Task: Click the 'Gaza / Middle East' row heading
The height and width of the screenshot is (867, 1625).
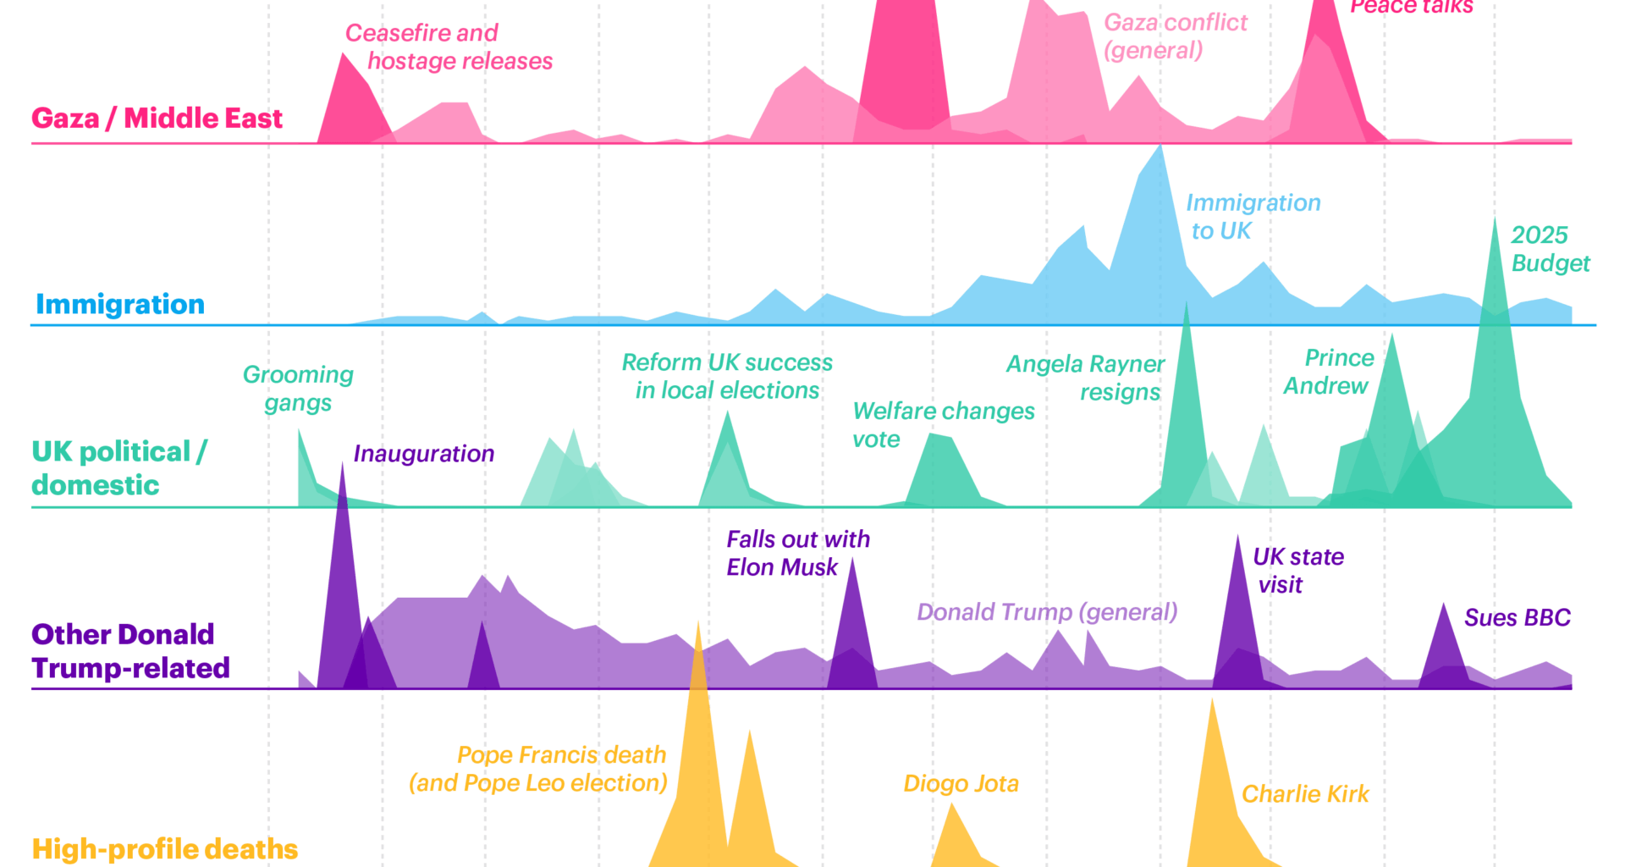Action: [157, 118]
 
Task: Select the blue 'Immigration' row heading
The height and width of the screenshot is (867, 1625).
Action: [119, 304]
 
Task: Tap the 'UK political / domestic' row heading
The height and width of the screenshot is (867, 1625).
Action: [118, 468]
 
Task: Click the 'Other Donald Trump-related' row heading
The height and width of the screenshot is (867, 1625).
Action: [130, 651]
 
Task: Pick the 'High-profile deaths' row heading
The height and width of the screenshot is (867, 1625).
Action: [164, 848]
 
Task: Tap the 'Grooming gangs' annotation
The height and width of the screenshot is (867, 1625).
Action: [298, 388]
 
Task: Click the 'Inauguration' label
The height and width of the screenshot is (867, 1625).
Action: [423, 454]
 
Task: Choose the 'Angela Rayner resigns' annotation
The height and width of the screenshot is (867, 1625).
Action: [1085, 378]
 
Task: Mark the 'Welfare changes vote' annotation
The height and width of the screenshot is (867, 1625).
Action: [942, 424]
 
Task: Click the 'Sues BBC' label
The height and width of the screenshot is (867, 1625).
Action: [1517, 618]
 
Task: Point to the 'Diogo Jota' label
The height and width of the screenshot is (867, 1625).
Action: [961, 783]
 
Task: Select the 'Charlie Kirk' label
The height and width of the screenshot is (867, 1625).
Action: [1304, 794]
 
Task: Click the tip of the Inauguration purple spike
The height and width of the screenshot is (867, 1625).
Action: [342, 464]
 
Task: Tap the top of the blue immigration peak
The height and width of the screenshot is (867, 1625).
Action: [1160, 146]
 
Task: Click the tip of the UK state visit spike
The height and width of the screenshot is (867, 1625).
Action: [1237, 537]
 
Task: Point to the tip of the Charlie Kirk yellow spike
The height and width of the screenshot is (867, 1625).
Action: [1212, 701]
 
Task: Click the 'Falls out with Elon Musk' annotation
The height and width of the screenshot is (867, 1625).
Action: [797, 553]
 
